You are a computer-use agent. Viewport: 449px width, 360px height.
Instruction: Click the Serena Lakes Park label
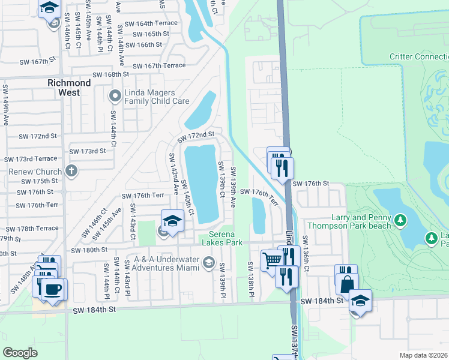pos(225,238)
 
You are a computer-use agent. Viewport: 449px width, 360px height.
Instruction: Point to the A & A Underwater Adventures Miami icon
pos(208,262)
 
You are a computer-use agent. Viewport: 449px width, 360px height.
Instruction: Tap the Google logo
pos(20,353)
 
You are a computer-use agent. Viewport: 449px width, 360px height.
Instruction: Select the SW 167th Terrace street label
pos(159,66)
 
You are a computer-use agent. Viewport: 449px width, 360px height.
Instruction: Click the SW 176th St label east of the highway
pos(312,183)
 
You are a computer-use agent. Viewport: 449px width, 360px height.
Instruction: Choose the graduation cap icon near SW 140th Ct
pos(172,221)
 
